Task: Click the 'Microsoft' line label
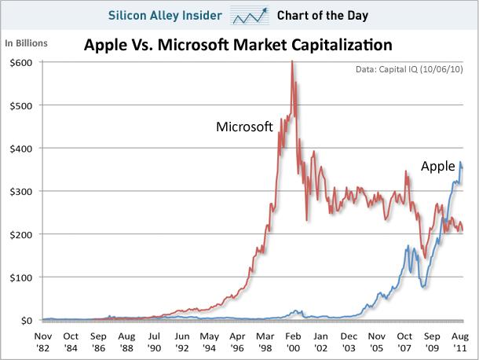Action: click(x=244, y=126)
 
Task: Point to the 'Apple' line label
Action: click(x=438, y=166)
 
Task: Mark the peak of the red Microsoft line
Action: click(x=292, y=61)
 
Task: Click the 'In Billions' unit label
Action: click(x=27, y=42)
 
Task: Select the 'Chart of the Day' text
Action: click(x=322, y=15)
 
